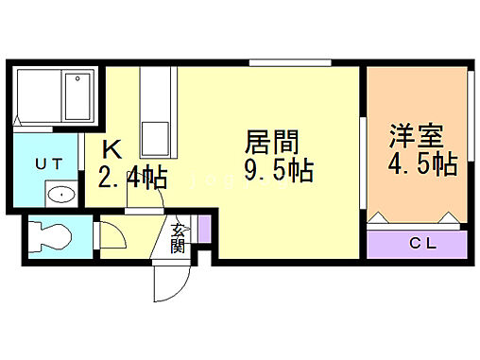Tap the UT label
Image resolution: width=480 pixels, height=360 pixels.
point(49,163)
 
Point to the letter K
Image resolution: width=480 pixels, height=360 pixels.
point(112,149)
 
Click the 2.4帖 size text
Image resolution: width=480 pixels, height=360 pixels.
point(131,177)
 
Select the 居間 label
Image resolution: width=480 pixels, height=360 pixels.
point(272,144)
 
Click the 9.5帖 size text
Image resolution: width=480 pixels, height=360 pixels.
point(279,173)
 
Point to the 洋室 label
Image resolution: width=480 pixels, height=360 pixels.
point(417,135)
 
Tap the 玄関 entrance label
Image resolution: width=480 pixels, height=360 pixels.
point(178,237)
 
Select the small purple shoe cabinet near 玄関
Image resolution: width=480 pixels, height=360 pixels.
point(203,228)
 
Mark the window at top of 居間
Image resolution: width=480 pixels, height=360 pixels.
point(290,63)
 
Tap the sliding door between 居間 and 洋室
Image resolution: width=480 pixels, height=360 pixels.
point(364,161)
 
